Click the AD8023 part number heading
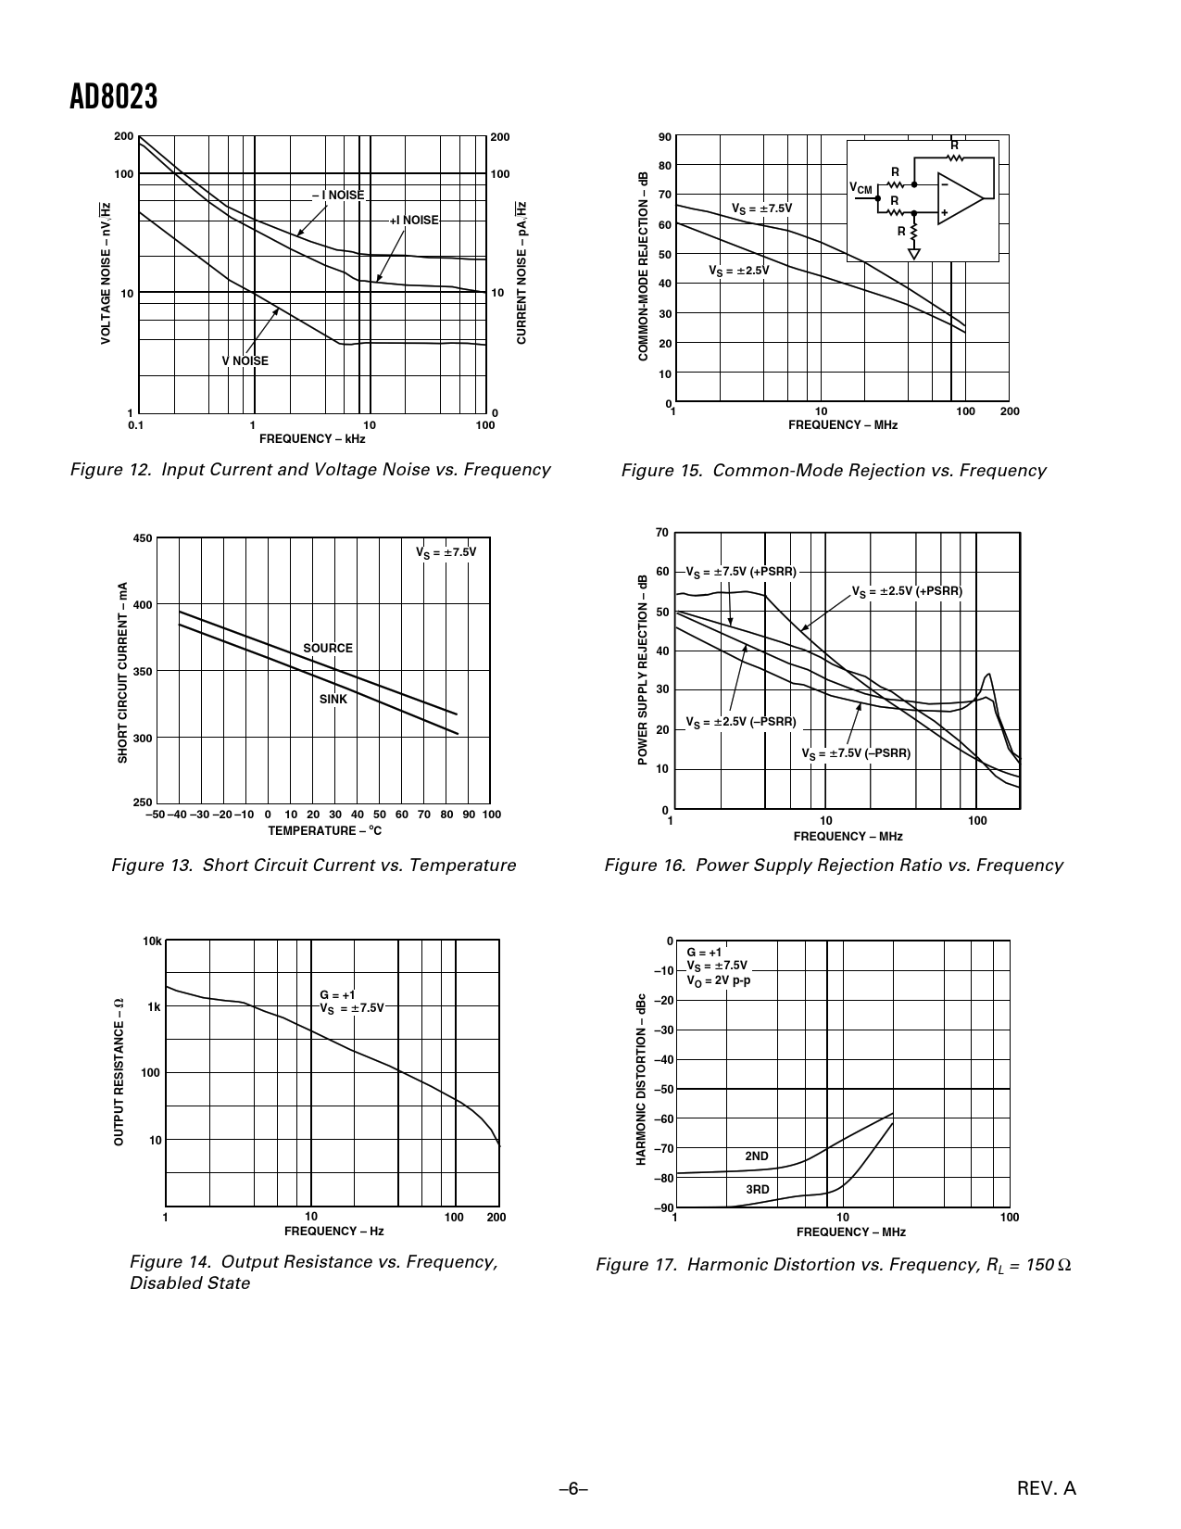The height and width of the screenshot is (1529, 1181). (114, 97)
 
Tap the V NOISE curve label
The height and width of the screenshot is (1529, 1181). (245, 360)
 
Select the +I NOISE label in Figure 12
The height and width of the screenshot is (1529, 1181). (414, 221)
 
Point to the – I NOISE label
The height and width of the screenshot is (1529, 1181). (338, 195)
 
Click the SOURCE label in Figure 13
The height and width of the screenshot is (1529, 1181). (328, 649)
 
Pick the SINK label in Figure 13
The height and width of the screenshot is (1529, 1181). (333, 700)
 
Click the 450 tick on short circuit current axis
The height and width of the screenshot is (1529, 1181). (143, 538)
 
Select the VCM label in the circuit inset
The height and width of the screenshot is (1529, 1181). (861, 189)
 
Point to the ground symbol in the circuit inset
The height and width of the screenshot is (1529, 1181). (914, 253)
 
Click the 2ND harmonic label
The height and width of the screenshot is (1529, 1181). (757, 1156)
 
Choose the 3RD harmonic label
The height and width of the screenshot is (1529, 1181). (758, 1190)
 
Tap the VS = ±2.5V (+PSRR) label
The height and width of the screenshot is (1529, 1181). (907, 591)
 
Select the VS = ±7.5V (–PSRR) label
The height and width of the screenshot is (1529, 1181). (856, 753)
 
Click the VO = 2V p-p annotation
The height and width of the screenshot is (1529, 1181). (719, 979)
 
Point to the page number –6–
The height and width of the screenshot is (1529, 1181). (574, 1488)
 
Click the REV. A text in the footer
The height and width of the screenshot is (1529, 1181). (1047, 1488)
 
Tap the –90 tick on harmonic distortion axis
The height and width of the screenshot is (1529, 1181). (663, 1208)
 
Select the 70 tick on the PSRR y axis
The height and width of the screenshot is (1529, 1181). (661, 533)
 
